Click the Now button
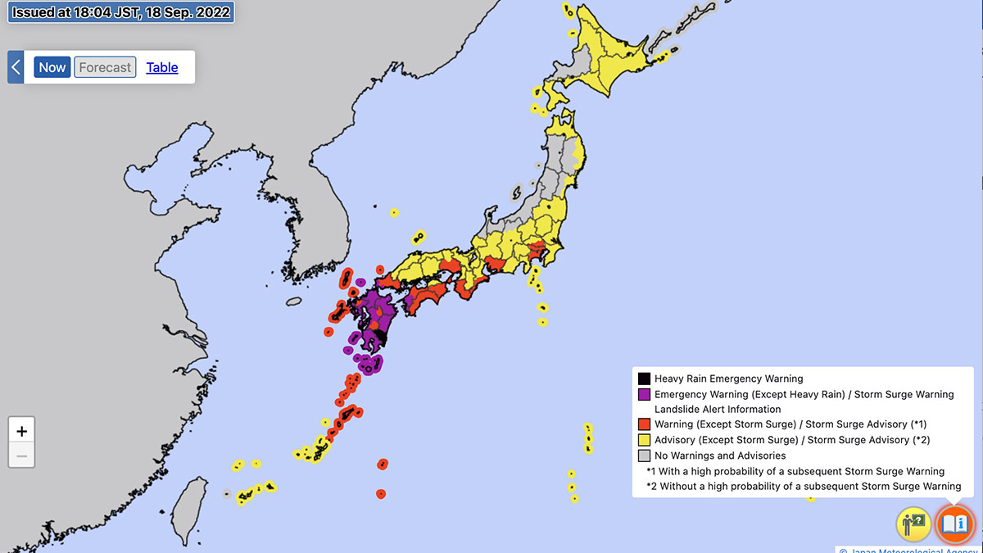click(x=52, y=67)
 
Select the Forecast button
click(x=105, y=67)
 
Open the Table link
click(x=162, y=67)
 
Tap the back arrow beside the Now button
click(x=16, y=67)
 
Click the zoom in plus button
click(x=21, y=431)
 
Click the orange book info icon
click(x=955, y=523)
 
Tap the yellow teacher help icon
click(x=913, y=523)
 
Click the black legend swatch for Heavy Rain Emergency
click(x=644, y=378)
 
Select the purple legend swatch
click(x=644, y=394)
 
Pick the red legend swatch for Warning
click(x=644, y=424)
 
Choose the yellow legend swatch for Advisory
click(x=644, y=440)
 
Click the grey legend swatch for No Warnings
click(x=644, y=456)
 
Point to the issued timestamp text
click(x=121, y=12)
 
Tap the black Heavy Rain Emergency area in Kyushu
click(x=379, y=336)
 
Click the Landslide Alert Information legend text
click(x=718, y=409)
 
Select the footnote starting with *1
click(x=795, y=471)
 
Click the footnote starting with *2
click(x=803, y=486)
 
